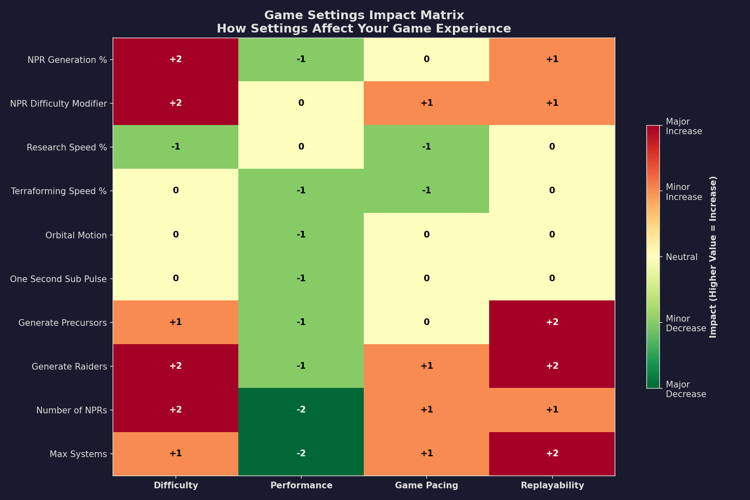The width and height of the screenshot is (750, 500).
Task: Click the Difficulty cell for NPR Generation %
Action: click(175, 60)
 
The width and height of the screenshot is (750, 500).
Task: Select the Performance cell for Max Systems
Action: click(301, 453)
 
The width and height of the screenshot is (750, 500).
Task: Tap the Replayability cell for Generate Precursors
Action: click(552, 322)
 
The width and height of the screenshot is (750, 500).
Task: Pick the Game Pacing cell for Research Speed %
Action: click(426, 147)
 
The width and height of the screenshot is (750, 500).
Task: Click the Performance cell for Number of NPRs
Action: click(301, 410)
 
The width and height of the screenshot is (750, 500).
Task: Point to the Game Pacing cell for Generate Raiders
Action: click(426, 366)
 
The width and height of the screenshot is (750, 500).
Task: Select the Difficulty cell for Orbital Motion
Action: click(175, 235)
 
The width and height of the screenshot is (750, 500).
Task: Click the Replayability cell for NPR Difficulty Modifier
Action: click(552, 103)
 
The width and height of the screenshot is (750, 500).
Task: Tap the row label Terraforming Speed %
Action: click(59, 191)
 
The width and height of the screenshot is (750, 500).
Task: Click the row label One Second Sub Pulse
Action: click(58, 279)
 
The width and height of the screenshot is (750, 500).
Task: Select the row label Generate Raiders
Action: click(69, 366)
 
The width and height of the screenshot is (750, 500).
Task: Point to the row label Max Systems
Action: click(78, 454)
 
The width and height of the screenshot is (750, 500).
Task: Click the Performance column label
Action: click(301, 485)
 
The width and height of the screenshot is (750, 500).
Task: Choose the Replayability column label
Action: click(552, 485)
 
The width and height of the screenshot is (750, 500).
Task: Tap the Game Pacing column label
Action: click(426, 485)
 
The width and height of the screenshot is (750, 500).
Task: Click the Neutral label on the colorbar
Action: click(681, 257)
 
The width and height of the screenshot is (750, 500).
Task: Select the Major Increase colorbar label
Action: click(684, 126)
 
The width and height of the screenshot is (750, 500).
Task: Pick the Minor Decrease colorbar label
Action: click(685, 323)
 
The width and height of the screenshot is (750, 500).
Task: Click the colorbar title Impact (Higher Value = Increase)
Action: click(713, 257)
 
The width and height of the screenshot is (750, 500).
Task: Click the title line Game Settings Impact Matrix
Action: click(364, 15)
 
